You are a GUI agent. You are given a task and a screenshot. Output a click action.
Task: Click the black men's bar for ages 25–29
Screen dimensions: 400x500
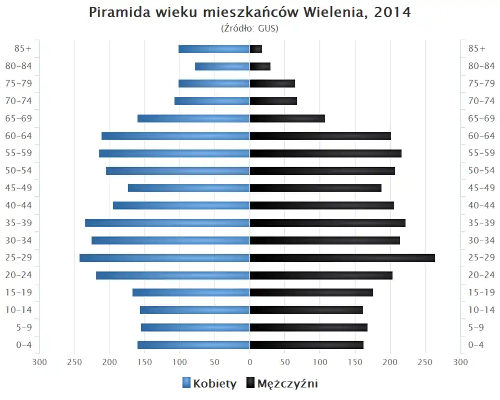tap(342, 258)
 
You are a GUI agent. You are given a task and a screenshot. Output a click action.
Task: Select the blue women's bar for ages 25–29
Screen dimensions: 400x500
tap(165, 258)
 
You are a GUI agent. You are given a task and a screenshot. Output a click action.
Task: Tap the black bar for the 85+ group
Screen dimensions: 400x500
tap(256, 49)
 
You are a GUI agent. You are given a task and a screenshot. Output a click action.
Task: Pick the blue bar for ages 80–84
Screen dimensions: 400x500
tap(222, 66)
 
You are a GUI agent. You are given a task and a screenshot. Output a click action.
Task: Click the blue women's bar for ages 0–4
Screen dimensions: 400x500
tap(194, 345)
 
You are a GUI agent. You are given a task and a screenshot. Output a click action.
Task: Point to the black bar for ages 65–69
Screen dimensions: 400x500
tap(287, 118)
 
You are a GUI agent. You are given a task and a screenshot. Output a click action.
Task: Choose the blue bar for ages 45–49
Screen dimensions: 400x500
tap(189, 188)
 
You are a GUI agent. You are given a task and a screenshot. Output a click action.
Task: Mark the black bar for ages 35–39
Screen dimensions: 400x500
tap(328, 223)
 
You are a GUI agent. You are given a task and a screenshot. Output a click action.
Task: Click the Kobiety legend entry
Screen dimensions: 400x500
tap(209, 384)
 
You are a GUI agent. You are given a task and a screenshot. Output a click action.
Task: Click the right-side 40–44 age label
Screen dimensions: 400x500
tap(481, 205)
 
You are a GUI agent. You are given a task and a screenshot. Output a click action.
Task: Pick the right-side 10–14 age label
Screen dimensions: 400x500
tap(481, 310)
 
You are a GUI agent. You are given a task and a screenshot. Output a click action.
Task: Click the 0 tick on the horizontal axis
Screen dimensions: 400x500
tap(250, 362)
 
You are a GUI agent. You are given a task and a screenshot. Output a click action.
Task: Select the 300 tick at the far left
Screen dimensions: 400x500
tap(40, 362)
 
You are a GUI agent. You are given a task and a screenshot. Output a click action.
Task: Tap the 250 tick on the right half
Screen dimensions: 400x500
tap(426, 362)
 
